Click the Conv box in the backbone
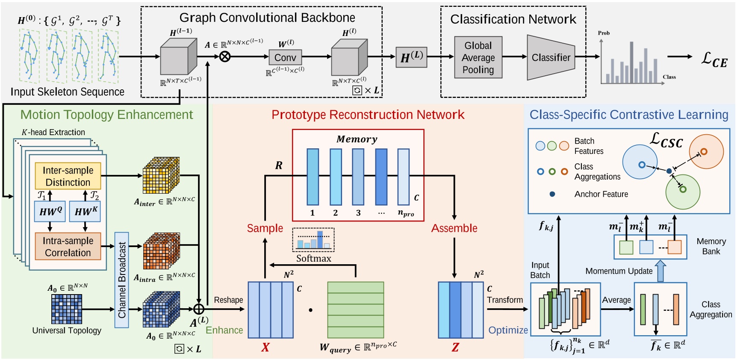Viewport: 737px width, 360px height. (285, 57)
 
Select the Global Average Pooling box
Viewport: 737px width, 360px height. (478, 57)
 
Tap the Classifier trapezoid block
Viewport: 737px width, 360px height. (551, 57)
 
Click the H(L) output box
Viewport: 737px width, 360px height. (411, 57)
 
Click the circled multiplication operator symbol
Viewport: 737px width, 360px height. (225, 56)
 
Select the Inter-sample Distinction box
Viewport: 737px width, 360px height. (68, 176)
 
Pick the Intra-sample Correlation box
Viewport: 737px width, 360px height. (68, 246)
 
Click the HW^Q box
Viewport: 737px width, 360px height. (50, 211)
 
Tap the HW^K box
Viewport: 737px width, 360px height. (85, 211)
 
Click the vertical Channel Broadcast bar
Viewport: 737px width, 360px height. (122, 280)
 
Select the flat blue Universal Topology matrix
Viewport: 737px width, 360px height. (66, 309)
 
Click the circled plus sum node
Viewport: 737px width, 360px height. (199, 309)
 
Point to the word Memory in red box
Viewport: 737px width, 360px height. (357, 139)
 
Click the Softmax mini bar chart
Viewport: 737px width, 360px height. (313, 240)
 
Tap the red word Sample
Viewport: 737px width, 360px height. (265, 228)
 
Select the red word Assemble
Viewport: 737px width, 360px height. (454, 228)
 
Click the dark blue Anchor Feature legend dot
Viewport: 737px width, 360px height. (552, 194)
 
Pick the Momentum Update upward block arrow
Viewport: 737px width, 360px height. (660, 271)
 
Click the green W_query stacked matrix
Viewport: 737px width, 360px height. (355, 310)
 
